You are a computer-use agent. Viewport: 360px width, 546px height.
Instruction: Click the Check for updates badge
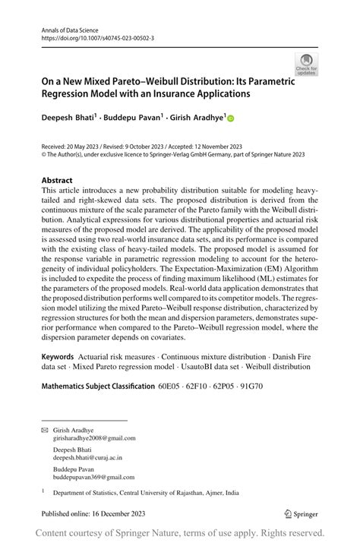point(306,64)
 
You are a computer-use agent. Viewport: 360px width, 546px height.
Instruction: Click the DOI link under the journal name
point(89,36)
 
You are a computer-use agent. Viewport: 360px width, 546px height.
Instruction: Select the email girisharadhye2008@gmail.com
point(94,438)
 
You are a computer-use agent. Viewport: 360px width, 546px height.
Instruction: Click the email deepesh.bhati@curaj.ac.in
point(87,459)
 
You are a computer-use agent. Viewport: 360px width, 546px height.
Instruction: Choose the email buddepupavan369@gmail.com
point(93,478)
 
